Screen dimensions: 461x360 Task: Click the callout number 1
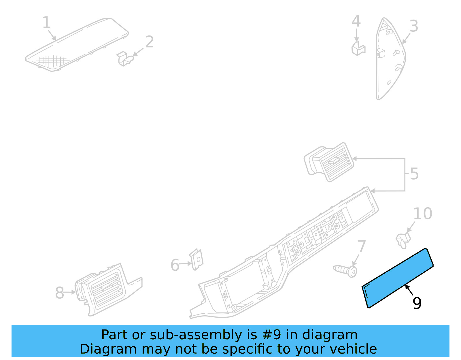click(x=46, y=22)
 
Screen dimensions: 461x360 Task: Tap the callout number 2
click(x=149, y=42)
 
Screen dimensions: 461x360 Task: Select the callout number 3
click(x=414, y=26)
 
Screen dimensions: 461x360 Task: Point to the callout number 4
click(x=356, y=21)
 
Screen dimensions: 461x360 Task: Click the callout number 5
click(x=414, y=174)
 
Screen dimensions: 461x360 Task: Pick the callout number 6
click(x=175, y=265)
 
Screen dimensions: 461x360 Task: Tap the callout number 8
click(x=59, y=293)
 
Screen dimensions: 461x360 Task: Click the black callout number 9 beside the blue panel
click(x=417, y=303)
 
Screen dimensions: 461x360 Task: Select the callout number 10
click(x=423, y=214)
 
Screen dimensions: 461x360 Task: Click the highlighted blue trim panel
click(x=398, y=278)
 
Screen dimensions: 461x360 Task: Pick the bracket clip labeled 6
click(x=197, y=259)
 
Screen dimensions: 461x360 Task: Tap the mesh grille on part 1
click(x=52, y=61)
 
